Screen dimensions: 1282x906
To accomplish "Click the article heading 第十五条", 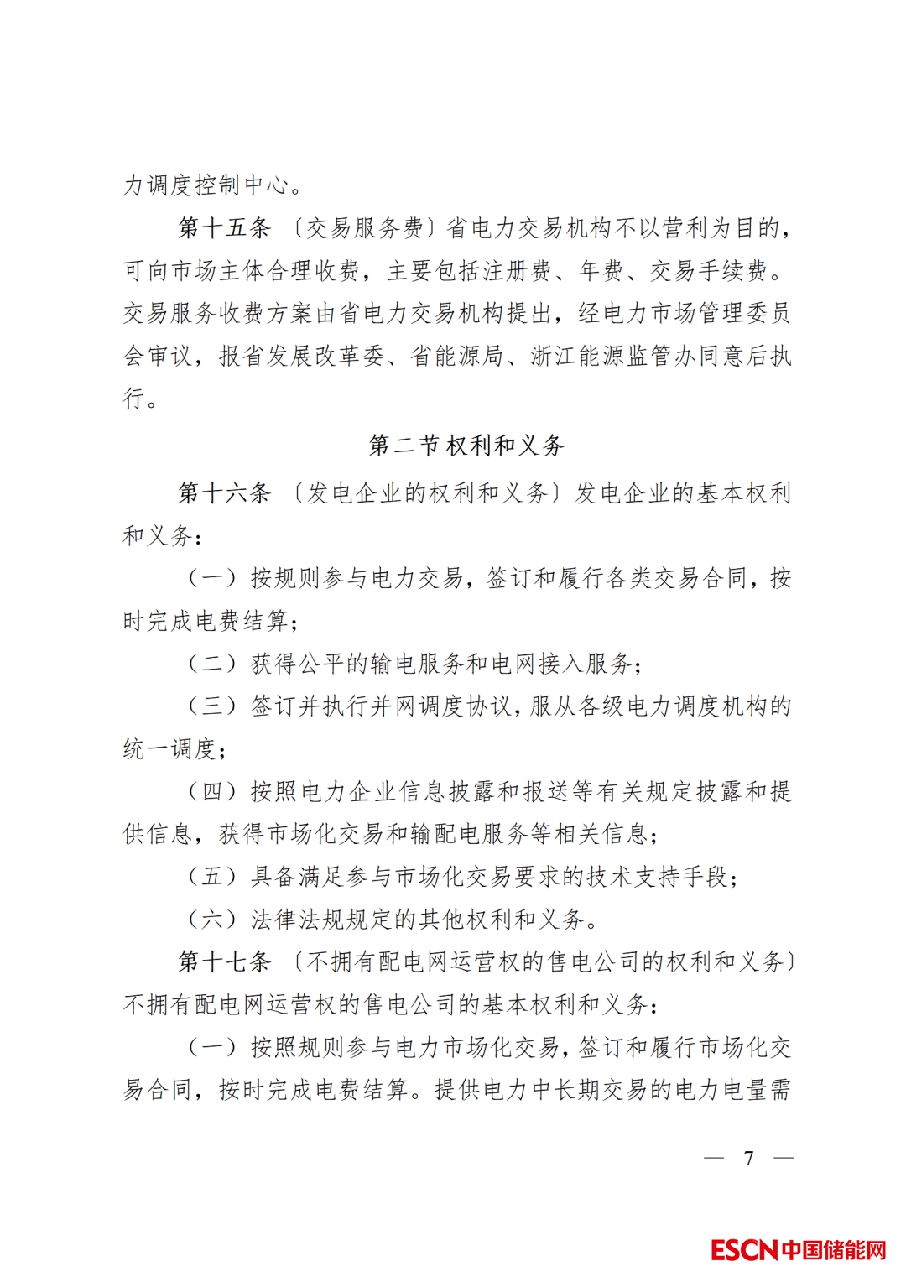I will (x=224, y=228).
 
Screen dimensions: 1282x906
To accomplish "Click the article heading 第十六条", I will (x=224, y=492).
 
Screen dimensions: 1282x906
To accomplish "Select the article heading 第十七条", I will (x=224, y=961).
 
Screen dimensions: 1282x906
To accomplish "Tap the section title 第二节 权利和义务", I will (x=466, y=446).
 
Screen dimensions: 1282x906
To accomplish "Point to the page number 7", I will (x=748, y=1159).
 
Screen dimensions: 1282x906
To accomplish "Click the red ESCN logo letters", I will (x=744, y=1250).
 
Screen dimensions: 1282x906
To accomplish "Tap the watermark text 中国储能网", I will (x=834, y=1250).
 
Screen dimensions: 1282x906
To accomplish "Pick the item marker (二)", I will (x=211, y=664).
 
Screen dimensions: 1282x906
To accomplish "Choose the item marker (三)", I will (x=211, y=706).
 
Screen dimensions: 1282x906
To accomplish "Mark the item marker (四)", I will (x=211, y=792).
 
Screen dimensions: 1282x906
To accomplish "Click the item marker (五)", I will (x=211, y=877).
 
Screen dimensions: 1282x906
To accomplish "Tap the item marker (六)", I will (x=211, y=920).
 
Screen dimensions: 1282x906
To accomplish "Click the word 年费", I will (x=601, y=271).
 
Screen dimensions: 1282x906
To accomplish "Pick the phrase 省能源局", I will (x=456, y=357).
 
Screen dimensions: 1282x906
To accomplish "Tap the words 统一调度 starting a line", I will (x=169, y=749).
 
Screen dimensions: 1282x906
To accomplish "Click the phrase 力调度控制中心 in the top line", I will (x=205, y=185).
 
